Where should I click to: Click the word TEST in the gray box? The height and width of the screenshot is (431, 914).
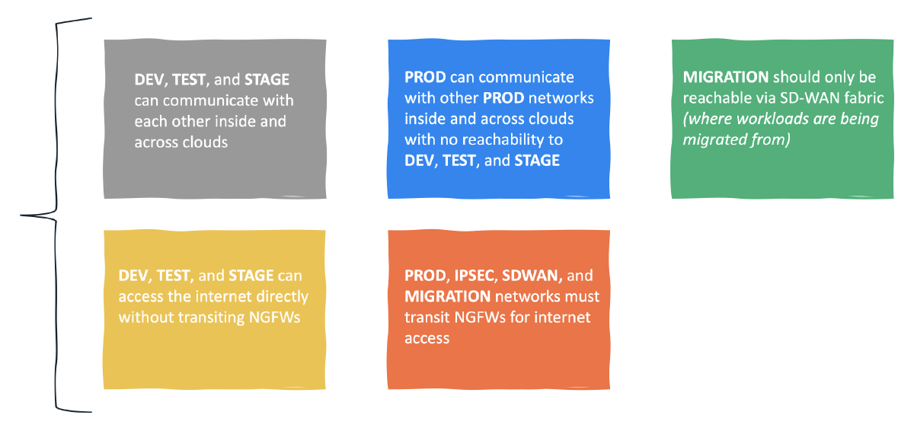pos(189,79)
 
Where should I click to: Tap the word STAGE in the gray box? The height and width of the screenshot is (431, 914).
pos(267,79)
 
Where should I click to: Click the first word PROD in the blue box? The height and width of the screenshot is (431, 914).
pos(425,77)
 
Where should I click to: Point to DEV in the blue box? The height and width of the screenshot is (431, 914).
pos(419,161)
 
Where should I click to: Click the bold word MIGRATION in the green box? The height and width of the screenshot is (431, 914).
pos(725,77)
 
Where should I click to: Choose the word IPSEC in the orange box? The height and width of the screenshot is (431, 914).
pos(475,276)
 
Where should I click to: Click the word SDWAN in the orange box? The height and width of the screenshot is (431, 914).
pos(530,276)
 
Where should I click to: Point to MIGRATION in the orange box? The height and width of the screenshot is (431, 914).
pos(447,296)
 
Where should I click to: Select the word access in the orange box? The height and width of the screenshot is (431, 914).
pos(427,339)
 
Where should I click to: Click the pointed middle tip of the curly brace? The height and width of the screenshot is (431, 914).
pos(21,215)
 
